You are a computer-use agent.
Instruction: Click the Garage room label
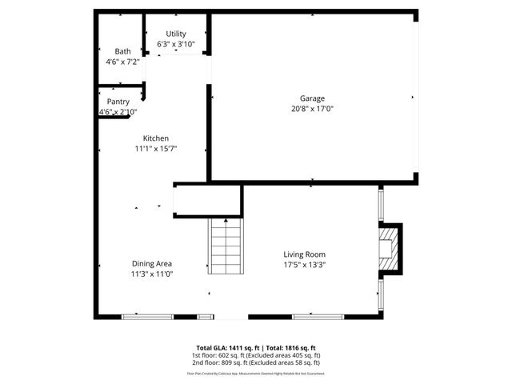[x=312, y=98]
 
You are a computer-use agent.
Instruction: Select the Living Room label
[x=304, y=254]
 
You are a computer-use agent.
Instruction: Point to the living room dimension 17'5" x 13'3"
[x=304, y=265]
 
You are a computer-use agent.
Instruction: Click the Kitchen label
[x=156, y=138]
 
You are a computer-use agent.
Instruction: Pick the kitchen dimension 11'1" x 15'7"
[x=156, y=148]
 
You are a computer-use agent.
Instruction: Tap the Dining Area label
[x=152, y=263]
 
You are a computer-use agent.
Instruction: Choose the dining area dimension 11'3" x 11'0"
[x=152, y=274]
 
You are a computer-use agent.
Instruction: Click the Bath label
[x=122, y=51]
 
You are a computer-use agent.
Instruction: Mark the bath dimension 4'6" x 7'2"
[x=122, y=62]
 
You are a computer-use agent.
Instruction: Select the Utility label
[x=175, y=34]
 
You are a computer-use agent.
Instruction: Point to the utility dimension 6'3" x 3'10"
[x=175, y=44]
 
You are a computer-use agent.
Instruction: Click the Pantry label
[x=118, y=102]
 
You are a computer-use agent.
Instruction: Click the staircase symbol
[x=225, y=247]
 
